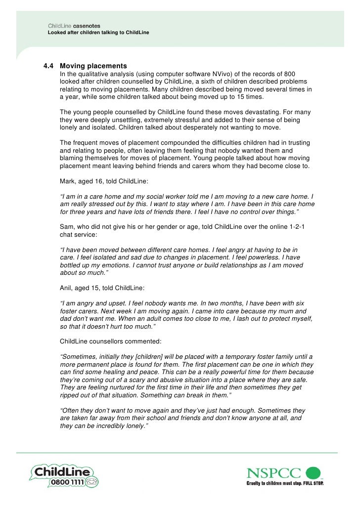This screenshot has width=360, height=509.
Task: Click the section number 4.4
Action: [49, 66]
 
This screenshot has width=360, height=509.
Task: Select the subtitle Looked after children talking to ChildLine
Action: [98, 32]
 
